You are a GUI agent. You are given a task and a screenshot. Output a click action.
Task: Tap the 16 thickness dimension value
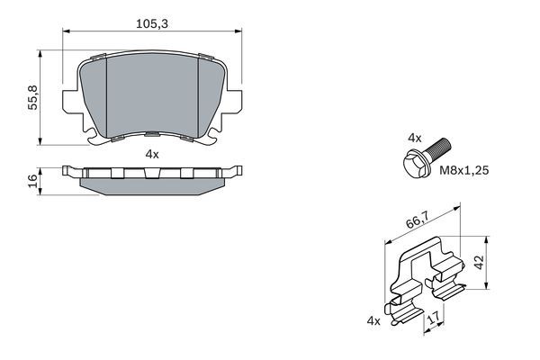pos(33,181)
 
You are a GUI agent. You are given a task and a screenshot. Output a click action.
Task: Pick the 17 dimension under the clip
pos(433,317)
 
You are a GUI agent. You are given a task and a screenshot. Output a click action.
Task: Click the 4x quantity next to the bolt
pos(414,138)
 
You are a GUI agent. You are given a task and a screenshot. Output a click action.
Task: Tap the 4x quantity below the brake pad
pos(152,154)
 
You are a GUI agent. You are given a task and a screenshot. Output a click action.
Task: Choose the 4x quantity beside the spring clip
pos(373,321)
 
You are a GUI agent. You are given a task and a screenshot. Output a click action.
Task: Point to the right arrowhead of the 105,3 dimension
pos(238,33)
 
